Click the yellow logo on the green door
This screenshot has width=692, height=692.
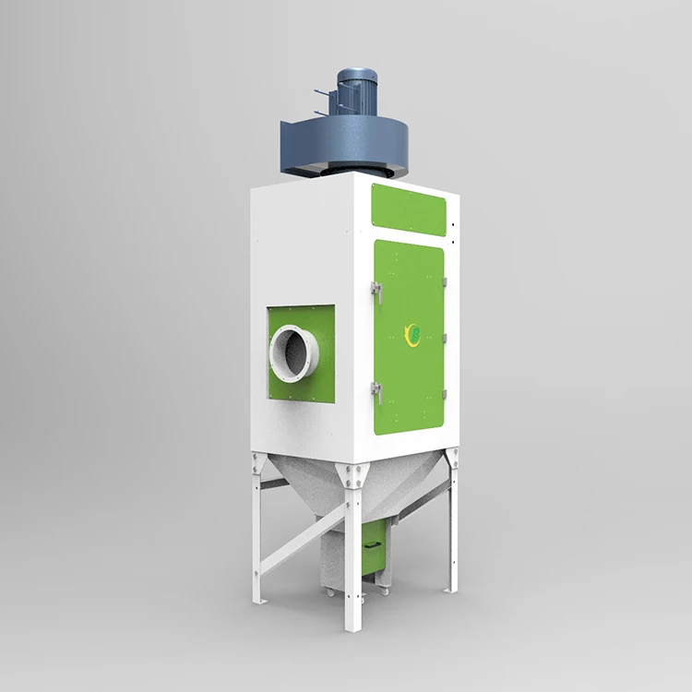pyautogui.click(x=412, y=334)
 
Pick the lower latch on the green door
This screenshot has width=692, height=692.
pyautogui.click(x=376, y=391)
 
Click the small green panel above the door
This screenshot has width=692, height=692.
pyautogui.click(x=408, y=209)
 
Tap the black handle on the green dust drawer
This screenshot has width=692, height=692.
pyautogui.click(x=372, y=544)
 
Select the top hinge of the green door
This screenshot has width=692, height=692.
pyautogui.click(x=444, y=281)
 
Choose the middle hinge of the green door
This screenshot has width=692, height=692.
pyautogui.click(x=444, y=339)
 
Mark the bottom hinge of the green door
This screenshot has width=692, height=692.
pyautogui.click(x=444, y=395)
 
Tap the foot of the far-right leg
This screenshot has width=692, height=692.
pyautogui.click(x=452, y=589)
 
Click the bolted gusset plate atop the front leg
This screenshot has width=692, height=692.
pyautogui.click(x=352, y=477)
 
